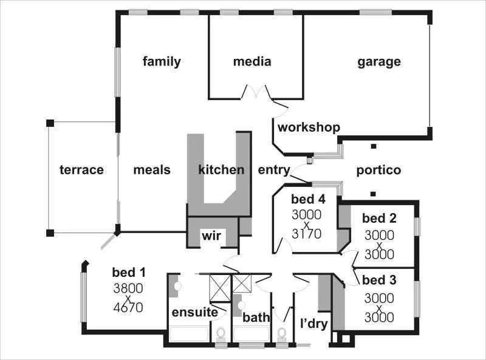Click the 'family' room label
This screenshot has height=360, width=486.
[162, 61]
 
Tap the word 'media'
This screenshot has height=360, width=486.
[252, 61]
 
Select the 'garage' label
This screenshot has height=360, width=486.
[378, 62]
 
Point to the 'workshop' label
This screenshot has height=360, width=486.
[309, 127]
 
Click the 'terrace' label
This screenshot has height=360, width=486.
[81, 170]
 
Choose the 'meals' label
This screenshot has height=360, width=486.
[152, 170]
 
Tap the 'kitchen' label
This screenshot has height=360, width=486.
[221, 169]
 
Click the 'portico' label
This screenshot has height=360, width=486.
[378, 170]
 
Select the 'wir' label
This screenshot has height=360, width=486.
[211, 236]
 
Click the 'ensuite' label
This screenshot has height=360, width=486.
[194, 312]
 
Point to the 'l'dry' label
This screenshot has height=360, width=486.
[314, 324]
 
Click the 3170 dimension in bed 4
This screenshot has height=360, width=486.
[307, 234]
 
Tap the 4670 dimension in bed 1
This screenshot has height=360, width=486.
[128, 308]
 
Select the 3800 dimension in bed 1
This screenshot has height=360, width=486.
[128, 288]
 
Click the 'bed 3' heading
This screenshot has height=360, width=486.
[379, 280]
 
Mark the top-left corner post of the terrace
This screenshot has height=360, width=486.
[50, 123]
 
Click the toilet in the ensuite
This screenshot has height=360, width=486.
[221, 335]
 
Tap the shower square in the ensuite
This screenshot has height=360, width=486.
[220, 288]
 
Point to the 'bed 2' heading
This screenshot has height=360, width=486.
[379, 218]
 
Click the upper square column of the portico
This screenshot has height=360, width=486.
[374, 146]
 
